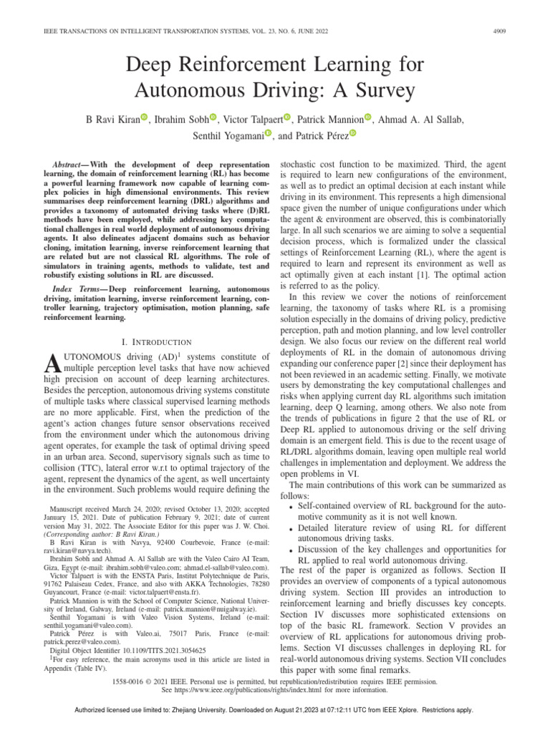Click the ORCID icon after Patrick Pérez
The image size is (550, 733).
click(x=352, y=133)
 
